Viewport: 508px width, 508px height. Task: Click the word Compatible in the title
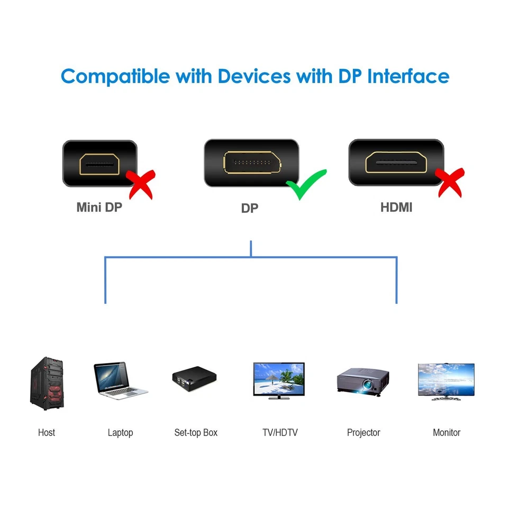tap(116, 76)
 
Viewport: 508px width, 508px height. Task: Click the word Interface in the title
tap(408, 76)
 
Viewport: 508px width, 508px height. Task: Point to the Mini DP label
tap(99, 207)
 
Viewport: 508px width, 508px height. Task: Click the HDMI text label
tap(396, 207)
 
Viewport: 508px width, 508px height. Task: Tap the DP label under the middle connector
tap(249, 208)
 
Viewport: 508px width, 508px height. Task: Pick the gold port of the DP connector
tap(251, 163)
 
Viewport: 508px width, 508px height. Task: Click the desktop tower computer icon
tap(47, 384)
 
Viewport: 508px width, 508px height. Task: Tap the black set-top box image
tap(194, 378)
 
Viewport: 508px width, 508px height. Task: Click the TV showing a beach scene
tap(279, 380)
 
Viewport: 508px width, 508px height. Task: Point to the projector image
tap(363, 379)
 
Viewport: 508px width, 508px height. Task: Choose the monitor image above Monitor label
tap(446, 381)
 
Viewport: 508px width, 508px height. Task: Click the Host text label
tap(47, 432)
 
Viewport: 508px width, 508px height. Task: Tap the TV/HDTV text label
tap(280, 432)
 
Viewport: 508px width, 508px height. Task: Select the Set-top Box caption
tap(196, 432)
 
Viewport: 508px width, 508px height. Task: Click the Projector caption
tap(364, 432)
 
